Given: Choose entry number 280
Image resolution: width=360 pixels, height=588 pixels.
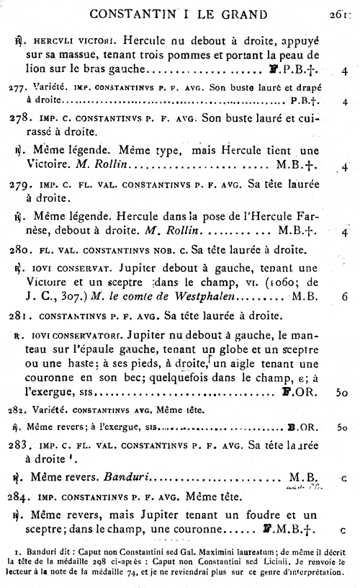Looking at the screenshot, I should click(x=20, y=250).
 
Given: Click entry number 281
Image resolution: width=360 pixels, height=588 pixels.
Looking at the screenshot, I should click(x=20, y=316).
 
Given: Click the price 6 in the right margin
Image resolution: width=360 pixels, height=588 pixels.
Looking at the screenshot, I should click(x=345, y=297).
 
